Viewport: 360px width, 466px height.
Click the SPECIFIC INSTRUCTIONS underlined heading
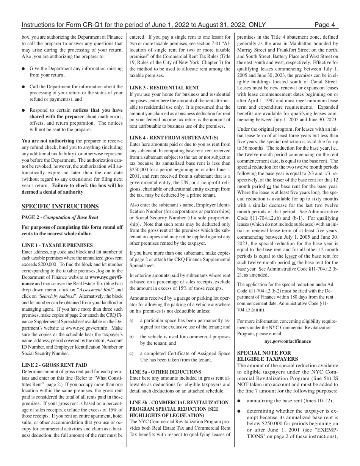[x=60, y=206]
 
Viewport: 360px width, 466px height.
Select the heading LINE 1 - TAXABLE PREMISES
[x=57, y=245]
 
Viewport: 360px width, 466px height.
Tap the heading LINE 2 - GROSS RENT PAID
[x=55, y=365]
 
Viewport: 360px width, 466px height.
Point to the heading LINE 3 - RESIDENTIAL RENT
[x=164, y=88]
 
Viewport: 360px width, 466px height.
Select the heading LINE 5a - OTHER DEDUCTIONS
[x=166, y=372]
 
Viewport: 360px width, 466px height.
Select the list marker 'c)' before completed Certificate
[x=131, y=353]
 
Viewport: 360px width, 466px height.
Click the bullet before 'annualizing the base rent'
[x=239, y=400]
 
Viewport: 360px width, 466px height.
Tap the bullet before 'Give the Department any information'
[x=24, y=69]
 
